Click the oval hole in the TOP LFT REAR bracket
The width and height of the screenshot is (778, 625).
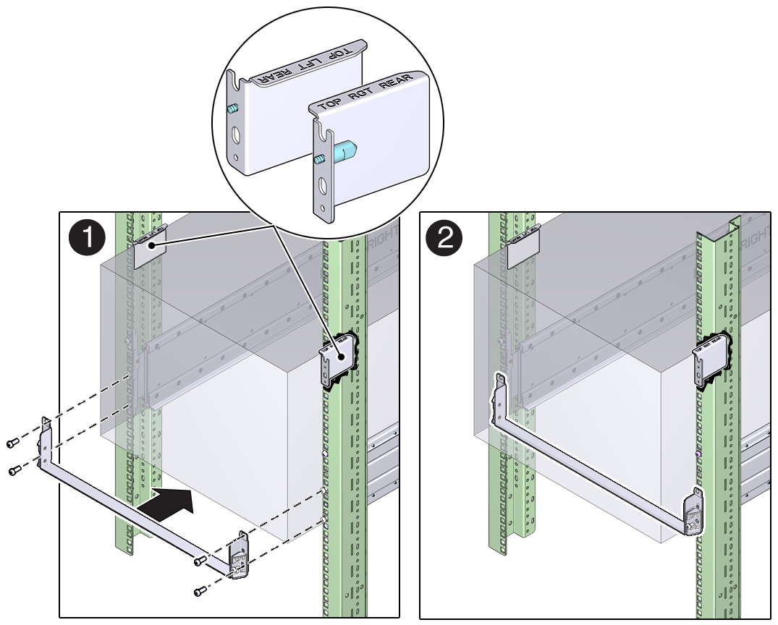pos(235,136)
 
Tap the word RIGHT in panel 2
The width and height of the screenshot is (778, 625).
pos(756,239)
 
